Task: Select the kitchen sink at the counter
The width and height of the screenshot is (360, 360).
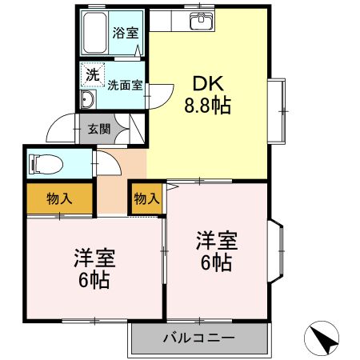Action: [198, 21]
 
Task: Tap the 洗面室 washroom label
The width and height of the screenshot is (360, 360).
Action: [125, 84]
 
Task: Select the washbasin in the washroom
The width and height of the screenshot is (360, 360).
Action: [87, 99]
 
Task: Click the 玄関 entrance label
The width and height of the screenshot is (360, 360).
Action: [98, 128]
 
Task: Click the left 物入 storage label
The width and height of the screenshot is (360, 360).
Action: [58, 198]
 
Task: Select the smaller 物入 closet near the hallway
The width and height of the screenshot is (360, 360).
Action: [146, 198]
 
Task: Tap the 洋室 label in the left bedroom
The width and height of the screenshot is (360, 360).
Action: [94, 258]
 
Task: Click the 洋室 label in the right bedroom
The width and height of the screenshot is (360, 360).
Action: [216, 240]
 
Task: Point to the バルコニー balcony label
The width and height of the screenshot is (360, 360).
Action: [200, 338]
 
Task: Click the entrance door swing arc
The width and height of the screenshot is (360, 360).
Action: [58, 128]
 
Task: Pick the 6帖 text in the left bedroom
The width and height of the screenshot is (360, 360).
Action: [94, 281]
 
